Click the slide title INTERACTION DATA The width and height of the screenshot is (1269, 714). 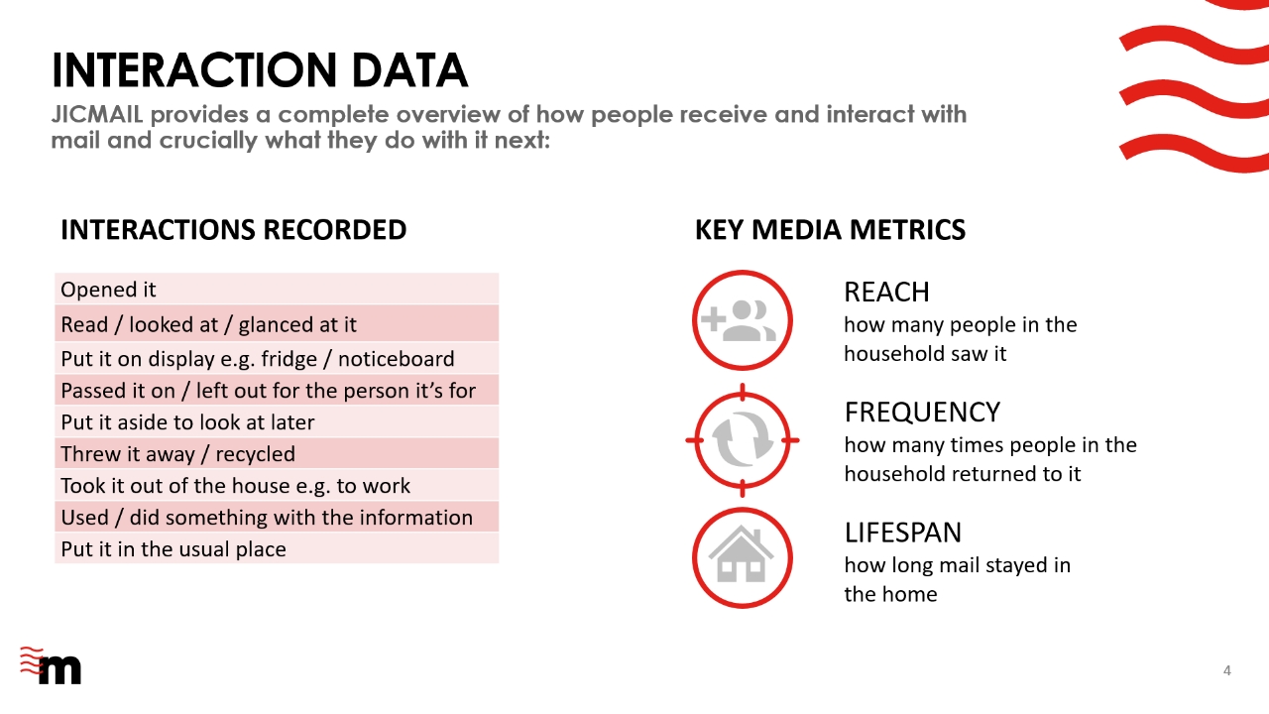(260, 70)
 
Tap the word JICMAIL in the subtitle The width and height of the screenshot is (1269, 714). (97, 114)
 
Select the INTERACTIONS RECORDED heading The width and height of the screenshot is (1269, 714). (233, 229)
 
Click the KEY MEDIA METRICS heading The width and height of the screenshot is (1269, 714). (830, 229)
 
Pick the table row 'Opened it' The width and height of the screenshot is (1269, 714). (277, 289)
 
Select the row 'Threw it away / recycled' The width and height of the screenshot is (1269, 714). (277, 453)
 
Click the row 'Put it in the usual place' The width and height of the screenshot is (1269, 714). (277, 548)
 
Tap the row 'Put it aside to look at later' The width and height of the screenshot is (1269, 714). (277, 421)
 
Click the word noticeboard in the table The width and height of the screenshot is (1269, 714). (396, 359)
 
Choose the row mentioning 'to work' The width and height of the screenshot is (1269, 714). (277, 485)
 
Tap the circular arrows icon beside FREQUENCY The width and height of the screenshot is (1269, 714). (743, 440)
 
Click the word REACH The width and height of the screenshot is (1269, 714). (886, 293)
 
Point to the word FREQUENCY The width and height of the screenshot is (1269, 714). (922, 413)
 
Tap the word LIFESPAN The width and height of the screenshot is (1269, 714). (903, 533)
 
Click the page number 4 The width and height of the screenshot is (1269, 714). (1227, 671)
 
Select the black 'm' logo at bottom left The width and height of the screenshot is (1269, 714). (60, 669)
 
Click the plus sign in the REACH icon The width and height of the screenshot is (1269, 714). (713, 318)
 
